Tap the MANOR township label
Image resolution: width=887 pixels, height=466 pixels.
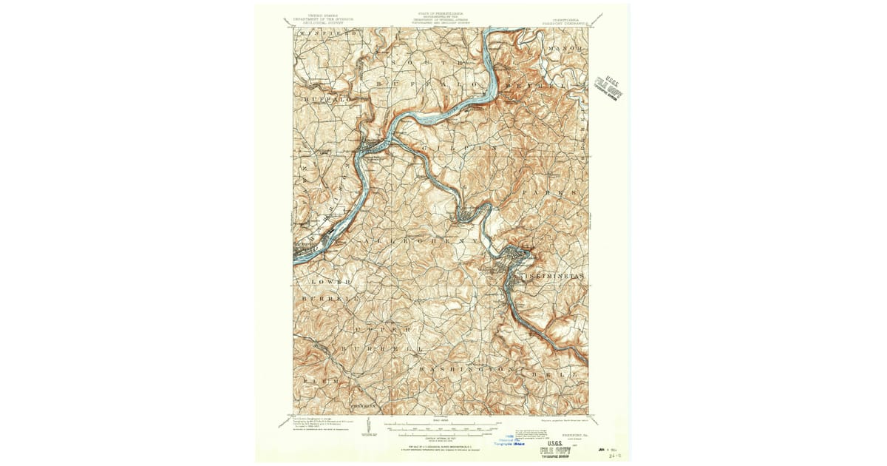(x=567, y=49)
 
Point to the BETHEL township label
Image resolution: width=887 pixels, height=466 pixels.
(x=540, y=87)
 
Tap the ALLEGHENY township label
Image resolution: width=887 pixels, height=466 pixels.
(x=421, y=241)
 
